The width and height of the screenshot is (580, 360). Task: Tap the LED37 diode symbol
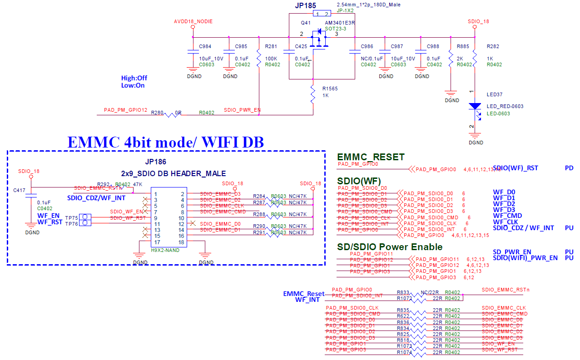click(x=475, y=106)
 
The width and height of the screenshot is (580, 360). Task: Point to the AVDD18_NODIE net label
click(x=193, y=21)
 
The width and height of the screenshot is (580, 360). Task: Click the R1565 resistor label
click(x=330, y=89)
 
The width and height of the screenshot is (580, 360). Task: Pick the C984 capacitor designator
click(x=205, y=47)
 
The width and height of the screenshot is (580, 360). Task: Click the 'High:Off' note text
click(x=134, y=78)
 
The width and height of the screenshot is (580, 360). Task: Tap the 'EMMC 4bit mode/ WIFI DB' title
click(x=166, y=142)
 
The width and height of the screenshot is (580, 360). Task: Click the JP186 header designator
click(x=155, y=162)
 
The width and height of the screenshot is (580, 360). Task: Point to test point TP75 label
click(x=71, y=218)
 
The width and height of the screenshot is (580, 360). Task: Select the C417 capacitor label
click(x=20, y=190)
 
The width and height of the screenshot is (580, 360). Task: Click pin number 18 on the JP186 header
click(x=181, y=242)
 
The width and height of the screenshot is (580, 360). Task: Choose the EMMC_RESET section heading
click(x=371, y=157)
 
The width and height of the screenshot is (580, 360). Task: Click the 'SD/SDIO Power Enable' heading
click(x=390, y=247)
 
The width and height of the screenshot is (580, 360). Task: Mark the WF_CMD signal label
click(x=507, y=216)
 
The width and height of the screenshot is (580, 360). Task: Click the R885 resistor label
click(x=463, y=47)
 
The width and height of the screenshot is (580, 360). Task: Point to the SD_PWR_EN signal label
click(x=512, y=252)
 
